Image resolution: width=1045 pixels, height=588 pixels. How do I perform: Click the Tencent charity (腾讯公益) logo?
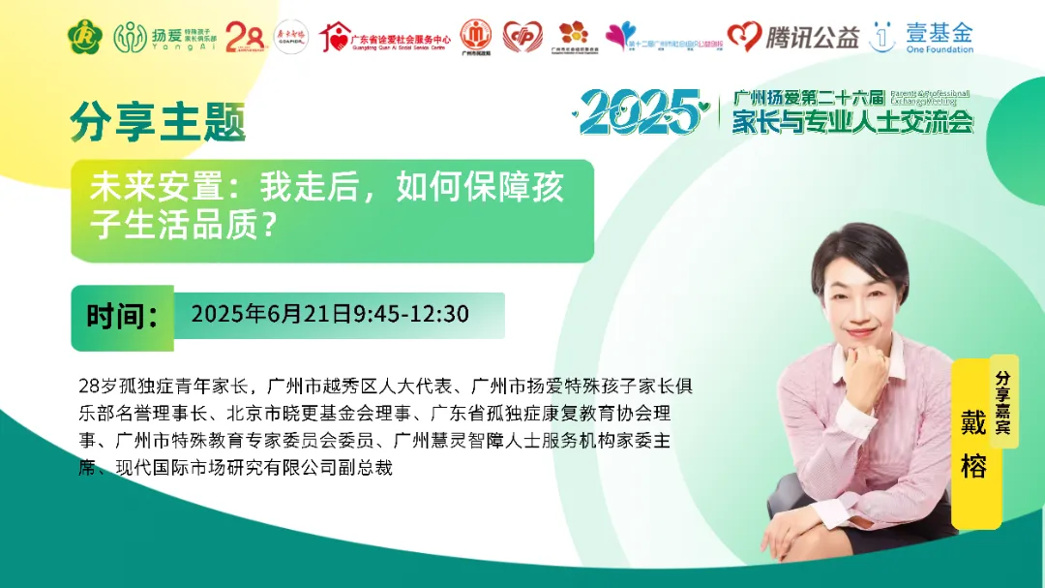pos(793,37)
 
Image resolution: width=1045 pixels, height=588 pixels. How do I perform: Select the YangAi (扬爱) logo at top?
pos(161,37)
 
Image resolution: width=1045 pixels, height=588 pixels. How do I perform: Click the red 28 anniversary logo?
pos(245,37)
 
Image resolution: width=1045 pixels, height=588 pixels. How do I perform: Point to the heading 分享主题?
pos(158,123)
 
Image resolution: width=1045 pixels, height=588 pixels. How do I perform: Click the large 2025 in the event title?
pos(640,113)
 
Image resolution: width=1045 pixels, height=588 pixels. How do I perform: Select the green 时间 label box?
pos(122,317)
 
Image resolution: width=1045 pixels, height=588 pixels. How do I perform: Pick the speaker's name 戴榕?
pos(972,446)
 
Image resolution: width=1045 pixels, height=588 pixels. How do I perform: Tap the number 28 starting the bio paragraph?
pos(89,386)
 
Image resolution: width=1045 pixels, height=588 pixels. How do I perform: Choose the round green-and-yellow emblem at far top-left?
pos(85,37)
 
